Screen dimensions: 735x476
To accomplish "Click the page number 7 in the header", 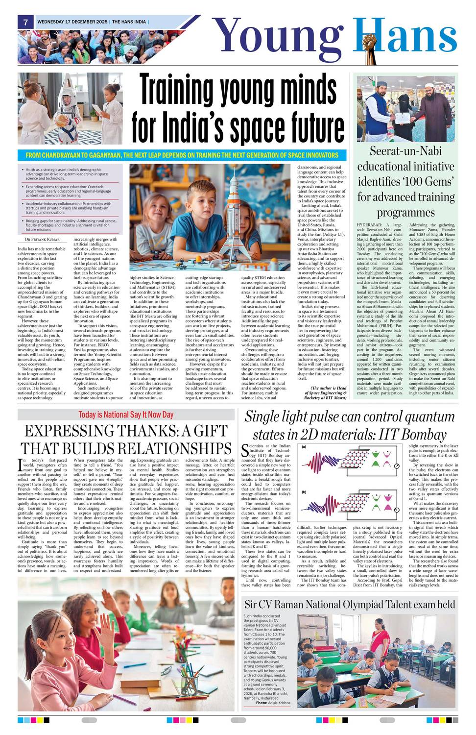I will (25, 22).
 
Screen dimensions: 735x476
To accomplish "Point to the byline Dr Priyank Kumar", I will (42, 239).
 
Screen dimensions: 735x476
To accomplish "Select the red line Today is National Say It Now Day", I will (126, 415).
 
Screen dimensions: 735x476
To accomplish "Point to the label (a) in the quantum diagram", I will (304, 447).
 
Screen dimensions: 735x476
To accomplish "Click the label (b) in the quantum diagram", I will (304, 491).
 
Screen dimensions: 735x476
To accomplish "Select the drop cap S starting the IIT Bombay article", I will (245, 450).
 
